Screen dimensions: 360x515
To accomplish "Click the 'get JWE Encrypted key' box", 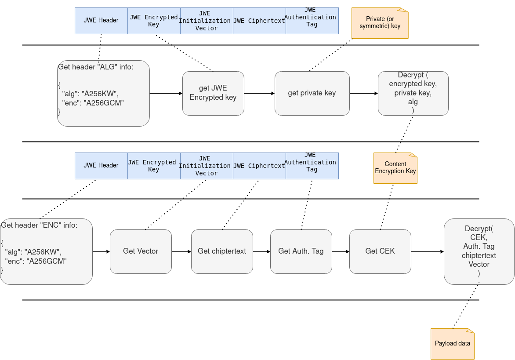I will tap(213, 93).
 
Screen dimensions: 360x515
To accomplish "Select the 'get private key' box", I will tap(312, 93).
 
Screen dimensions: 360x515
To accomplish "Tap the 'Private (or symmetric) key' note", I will tap(380, 23).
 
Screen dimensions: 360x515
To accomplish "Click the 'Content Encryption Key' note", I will tap(395, 168).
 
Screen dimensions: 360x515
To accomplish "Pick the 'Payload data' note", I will tap(452, 344).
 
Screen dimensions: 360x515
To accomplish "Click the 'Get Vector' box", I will tap(141, 251).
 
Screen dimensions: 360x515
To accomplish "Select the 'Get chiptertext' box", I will tap(222, 251).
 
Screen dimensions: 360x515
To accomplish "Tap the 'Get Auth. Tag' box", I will tap(301, 251).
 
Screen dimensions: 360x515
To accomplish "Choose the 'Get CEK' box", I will tap(380, 251).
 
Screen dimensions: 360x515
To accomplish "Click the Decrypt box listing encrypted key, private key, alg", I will tap(413, 93).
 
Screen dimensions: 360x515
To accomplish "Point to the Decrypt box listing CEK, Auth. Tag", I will tap(479, 251).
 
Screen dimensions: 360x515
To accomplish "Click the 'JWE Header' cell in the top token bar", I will tap(101, 21).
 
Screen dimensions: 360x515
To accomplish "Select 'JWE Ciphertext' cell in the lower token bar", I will tap(259, 166).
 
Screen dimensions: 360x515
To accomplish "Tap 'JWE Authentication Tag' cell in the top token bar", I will tap(312, 21).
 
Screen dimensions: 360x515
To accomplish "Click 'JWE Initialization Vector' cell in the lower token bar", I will tap(207, 166).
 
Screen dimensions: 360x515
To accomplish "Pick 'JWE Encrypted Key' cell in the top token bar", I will tap(154, 21).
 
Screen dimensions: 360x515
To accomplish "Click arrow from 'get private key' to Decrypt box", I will tap(363, 93).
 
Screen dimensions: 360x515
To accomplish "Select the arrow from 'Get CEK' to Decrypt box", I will tap(427, 251).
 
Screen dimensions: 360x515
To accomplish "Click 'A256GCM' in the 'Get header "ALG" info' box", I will tap(105, 103).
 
